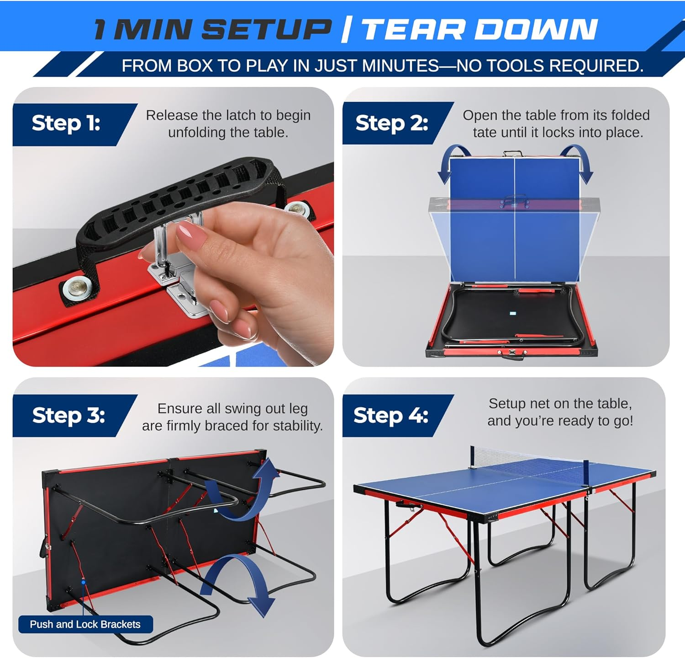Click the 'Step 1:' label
click(66, 123)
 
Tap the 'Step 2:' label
click(391, 123)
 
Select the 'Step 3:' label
click(68, 415)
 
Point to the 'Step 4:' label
click(390, 415)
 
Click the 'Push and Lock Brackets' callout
click(85, 624)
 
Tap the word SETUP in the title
click(266, 29)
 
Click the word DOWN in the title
click(536, 29)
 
